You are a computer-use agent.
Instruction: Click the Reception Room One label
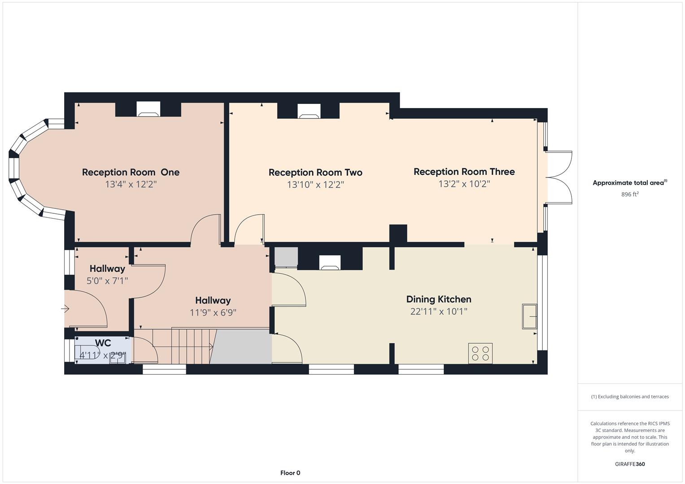[x=131, y=173]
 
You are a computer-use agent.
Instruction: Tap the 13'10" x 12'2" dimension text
[x=315, y=185]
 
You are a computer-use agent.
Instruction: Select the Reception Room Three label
[x=464, y=172]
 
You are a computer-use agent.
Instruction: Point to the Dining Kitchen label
[x=439, y=299]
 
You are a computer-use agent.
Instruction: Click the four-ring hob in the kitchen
[x=480, y=354]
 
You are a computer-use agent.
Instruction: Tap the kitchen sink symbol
[x=529, y=316]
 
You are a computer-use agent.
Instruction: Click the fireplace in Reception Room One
[x=148, y=109]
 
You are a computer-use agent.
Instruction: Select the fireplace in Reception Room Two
[x=309, y=111]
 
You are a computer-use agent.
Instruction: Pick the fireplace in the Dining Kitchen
[x=330, y=263]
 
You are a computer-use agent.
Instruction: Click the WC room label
[x=103, y=343]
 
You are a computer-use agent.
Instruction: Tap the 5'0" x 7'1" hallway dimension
[x=107, y=281]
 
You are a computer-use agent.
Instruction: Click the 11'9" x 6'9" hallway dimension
[x=213, y=313]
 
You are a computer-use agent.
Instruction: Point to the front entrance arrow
[x=65, y=309]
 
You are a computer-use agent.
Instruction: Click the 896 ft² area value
[x=630, y=194]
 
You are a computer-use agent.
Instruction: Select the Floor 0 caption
[x=290, y=473]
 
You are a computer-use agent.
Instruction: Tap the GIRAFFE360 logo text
[x=630, y=464]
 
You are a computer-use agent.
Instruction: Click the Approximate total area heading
[x=630, y=183]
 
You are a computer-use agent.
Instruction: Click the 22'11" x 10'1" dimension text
[x=439, y=311]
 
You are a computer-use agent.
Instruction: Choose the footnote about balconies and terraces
[x=630, y=397]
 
